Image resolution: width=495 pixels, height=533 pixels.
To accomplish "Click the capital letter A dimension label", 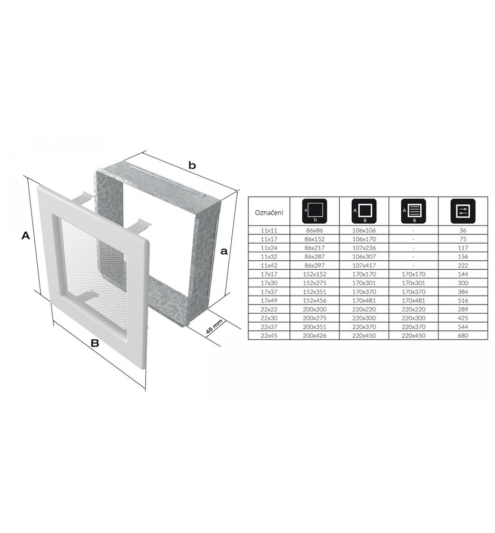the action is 26,235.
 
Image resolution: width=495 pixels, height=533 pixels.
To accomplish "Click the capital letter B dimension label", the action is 95,343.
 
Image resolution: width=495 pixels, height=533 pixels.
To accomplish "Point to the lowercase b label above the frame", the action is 192,166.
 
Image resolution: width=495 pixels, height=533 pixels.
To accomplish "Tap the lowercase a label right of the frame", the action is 224,252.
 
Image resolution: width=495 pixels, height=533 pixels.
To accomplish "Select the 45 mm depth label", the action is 214,326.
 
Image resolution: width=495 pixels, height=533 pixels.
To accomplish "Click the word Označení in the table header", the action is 269,213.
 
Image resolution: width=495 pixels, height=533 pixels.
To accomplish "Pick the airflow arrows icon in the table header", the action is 463,211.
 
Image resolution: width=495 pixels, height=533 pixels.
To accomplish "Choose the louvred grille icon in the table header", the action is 414,211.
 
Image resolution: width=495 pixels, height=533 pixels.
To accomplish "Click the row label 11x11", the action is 269,230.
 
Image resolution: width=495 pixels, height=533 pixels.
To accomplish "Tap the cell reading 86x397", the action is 315,266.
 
